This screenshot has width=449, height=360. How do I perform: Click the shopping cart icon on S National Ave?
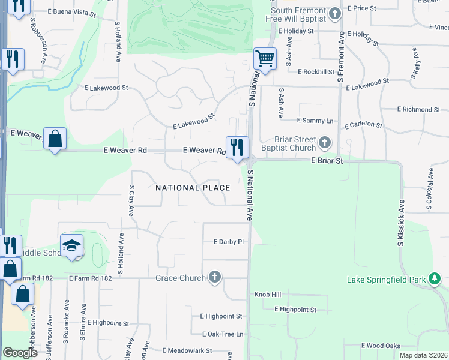(265, 59)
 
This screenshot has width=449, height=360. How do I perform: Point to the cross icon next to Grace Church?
(215, 277)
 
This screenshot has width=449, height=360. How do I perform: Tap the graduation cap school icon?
(71, 245)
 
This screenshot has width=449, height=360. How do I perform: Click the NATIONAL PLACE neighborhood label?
(193, 188)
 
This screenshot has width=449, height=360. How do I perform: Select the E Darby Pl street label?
(229, 242)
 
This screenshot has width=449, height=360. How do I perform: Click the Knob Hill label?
(267, 295)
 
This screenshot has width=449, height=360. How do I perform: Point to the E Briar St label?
(327, 161)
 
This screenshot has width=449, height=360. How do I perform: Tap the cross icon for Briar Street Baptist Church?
(325, 143)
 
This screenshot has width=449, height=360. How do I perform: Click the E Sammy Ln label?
(315, 121)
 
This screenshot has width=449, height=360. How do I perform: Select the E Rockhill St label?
(316, 71)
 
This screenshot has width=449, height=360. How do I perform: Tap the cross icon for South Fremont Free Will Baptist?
(336, 13)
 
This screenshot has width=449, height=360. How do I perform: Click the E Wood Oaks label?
(381, 346)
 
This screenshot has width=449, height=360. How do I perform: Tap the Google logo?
(20, 353)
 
